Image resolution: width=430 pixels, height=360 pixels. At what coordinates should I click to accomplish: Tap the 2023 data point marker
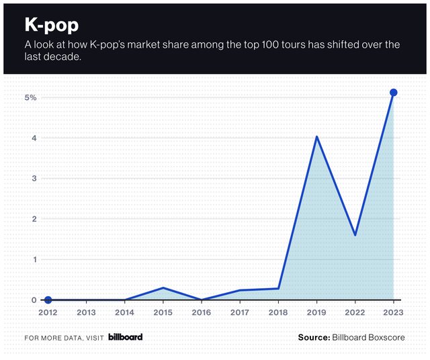point(394,93)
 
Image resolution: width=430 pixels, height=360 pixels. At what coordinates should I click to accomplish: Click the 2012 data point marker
point(48,300)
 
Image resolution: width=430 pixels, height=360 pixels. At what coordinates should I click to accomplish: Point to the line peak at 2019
point(316,137)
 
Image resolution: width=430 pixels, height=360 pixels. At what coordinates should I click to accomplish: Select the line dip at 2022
point(355,235)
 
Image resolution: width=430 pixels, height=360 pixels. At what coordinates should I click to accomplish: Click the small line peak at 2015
point(163,287)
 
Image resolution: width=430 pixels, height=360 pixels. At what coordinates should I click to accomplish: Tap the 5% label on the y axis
point(31,97)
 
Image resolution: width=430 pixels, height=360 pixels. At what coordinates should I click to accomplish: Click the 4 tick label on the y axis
point(34,138)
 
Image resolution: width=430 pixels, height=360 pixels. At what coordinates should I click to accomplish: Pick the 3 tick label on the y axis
point(34,178)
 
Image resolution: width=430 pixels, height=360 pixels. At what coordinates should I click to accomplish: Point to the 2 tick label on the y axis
point(34,219)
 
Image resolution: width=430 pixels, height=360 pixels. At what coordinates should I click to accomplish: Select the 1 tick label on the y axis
point(34,259)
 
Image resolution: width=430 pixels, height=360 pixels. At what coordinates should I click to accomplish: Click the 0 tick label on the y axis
point(34,300)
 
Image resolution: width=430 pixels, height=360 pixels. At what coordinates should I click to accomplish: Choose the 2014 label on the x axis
point(124,312)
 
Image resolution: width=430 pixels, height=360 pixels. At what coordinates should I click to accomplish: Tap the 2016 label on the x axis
point(201,312)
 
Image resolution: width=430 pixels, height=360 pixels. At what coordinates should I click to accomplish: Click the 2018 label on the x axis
point(278,312)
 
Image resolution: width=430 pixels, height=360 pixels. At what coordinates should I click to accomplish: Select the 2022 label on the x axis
point(355,312)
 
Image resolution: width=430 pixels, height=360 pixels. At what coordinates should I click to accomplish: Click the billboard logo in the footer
point(125,336)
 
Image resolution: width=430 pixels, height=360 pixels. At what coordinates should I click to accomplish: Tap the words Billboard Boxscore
point(368,337)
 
